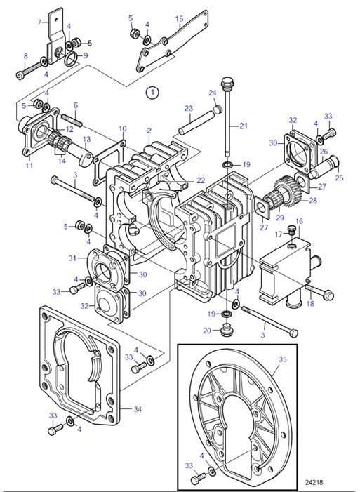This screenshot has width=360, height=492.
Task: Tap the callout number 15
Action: tap(179, 19)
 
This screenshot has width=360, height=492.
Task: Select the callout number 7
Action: tap(39, 22)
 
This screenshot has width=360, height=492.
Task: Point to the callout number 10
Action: tap(122, 128)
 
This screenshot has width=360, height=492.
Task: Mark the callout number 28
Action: tap(312, 200)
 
